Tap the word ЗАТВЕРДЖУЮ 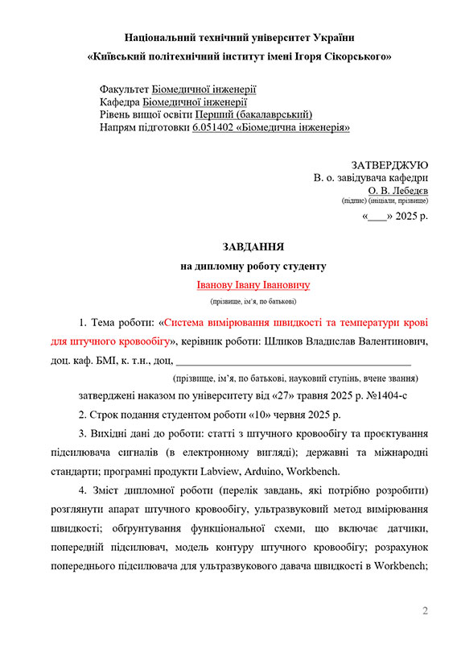389,165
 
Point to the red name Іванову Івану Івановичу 253,285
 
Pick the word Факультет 124,89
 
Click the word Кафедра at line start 119,102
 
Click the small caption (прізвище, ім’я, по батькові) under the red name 253,301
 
